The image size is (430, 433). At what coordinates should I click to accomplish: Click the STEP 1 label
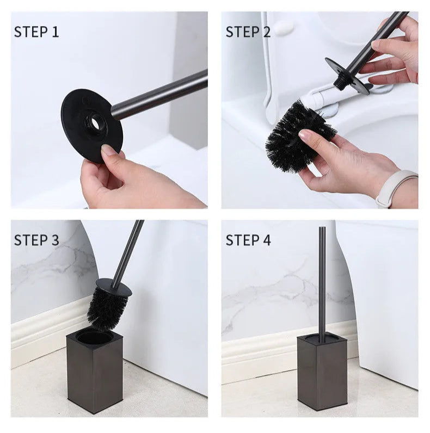tap(36, 32)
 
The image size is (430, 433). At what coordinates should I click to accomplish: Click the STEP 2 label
tap(248, 32)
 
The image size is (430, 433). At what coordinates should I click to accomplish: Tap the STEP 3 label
tap(36, 240)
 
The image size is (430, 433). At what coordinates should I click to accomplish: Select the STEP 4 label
tap(248, 240)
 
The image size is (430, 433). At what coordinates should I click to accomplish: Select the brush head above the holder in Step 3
tap(107, 308)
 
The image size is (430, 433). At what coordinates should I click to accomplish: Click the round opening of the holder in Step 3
tap(95, 338)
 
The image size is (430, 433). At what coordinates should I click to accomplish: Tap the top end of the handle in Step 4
tap(322, 228)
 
